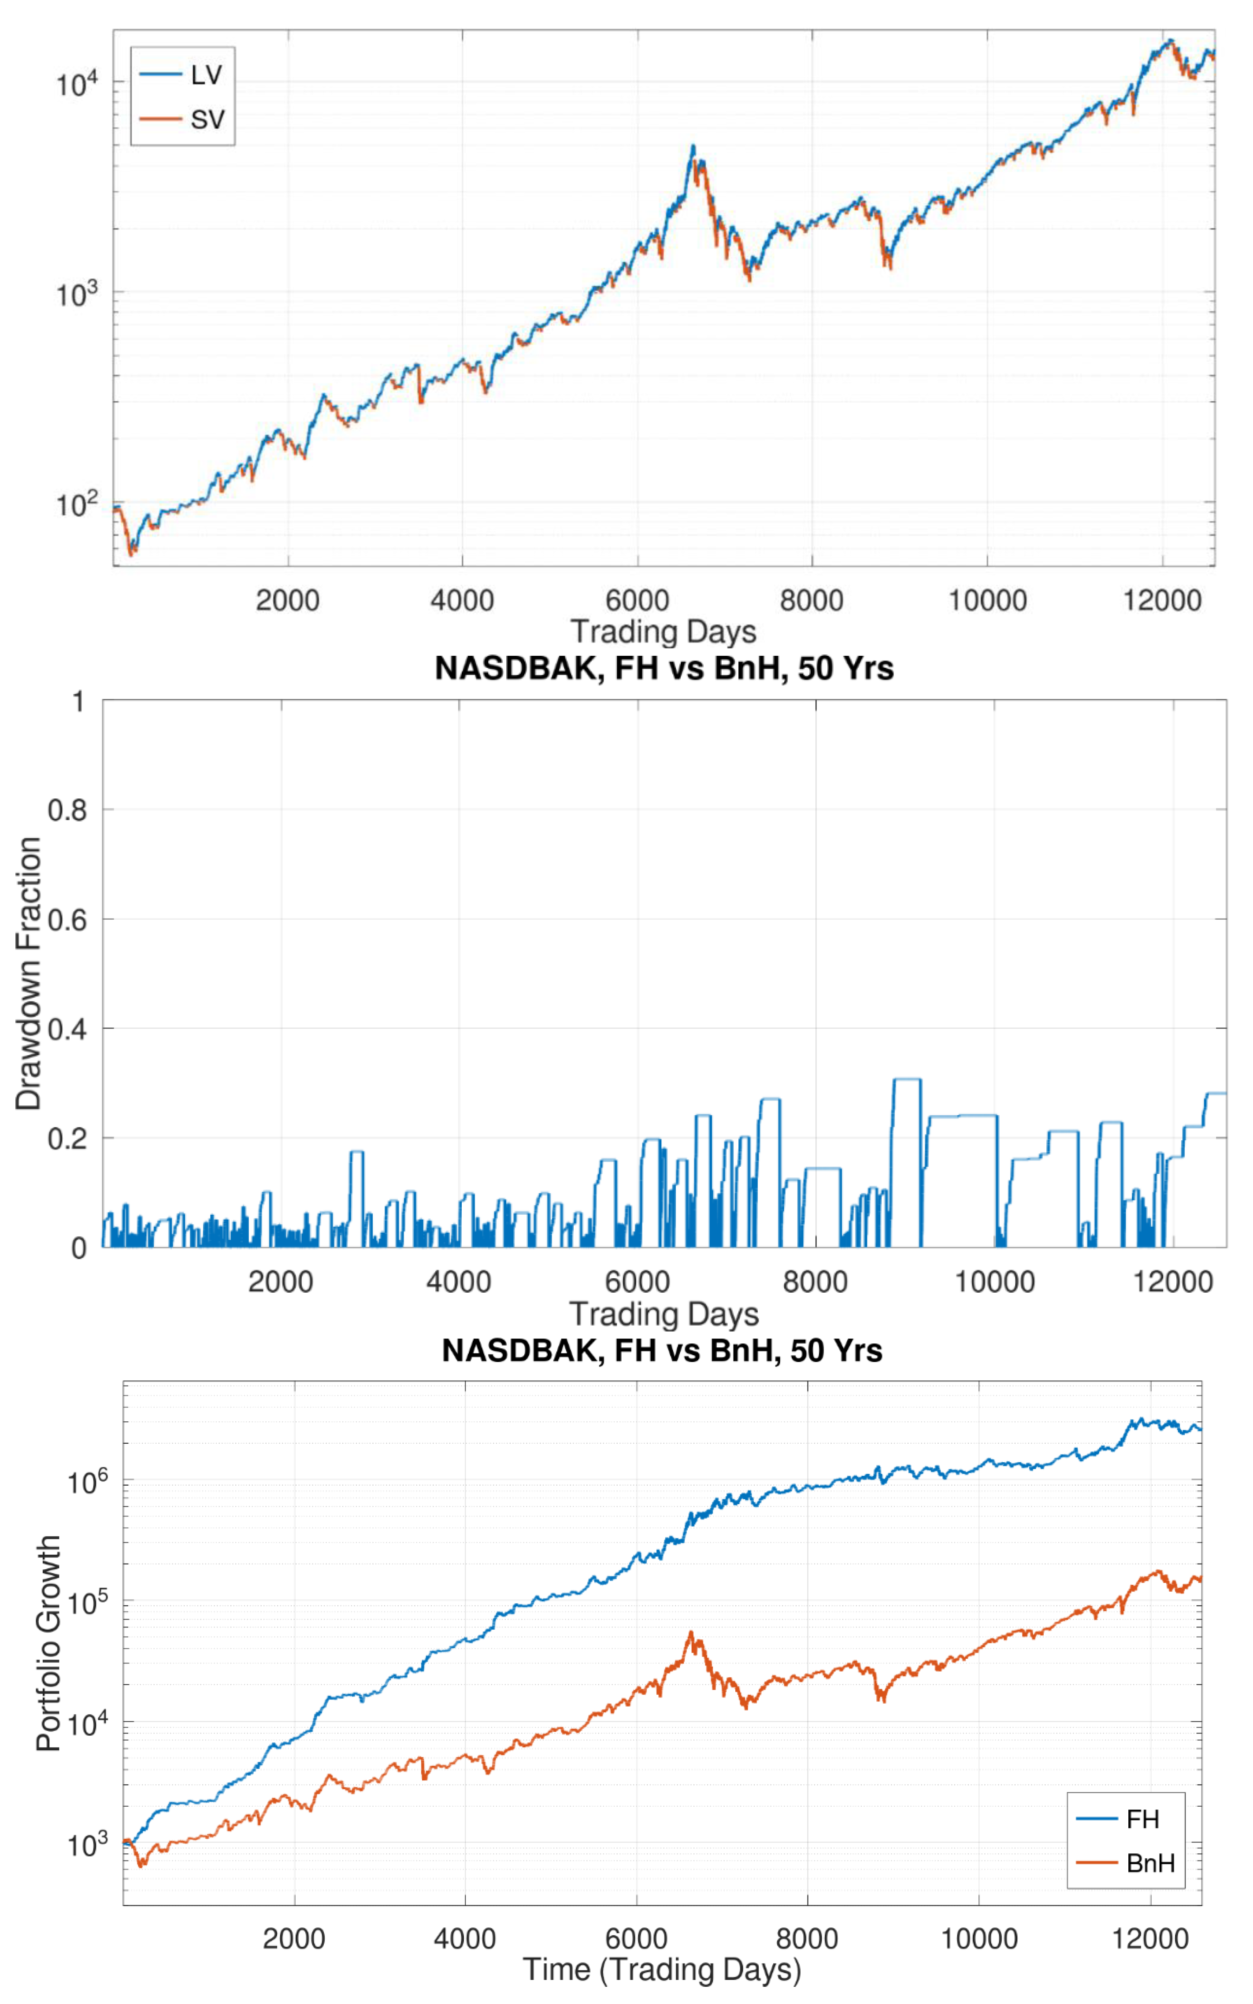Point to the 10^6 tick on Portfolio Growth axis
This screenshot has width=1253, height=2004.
point(87,1480)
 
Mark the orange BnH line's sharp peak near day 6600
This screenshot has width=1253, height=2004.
point(690,1632)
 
